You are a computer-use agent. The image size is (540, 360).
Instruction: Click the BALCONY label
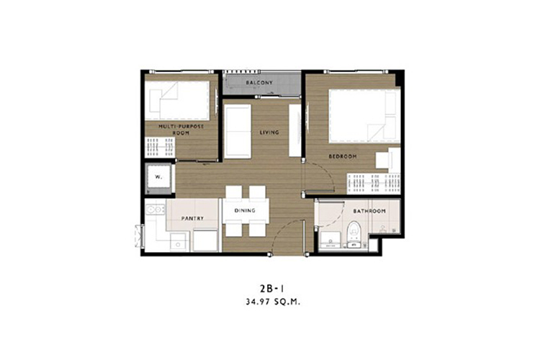(259, 83)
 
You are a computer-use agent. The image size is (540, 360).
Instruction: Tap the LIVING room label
(269, 132)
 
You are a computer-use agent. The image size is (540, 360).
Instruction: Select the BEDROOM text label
(342, 156)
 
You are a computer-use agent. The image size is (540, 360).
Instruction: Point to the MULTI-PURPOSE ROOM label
(181, 130)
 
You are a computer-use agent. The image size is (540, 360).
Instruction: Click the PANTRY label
(192, 218)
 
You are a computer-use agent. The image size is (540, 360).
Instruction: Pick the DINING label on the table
(245, 210)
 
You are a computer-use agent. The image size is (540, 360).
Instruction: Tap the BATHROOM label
(369, 211)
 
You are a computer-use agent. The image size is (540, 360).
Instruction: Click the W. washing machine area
(158, 177)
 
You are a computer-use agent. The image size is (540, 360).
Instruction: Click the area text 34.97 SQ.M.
(273, 302)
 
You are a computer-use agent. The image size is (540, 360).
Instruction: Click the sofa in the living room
(238, 131)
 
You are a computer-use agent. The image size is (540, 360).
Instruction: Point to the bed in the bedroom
(364, 116)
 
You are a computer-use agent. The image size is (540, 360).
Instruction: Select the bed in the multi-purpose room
(177, 101)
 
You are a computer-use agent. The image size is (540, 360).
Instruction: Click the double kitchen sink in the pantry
(155, 210)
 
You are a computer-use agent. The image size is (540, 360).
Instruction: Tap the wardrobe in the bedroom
(374, 184)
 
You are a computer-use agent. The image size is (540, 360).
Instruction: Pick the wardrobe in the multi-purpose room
(160, 147)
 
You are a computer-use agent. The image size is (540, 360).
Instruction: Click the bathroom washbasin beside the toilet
(330, 240)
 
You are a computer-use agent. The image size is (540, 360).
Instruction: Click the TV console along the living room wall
(294, 130)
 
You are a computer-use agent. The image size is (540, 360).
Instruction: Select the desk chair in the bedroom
(382, 160)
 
